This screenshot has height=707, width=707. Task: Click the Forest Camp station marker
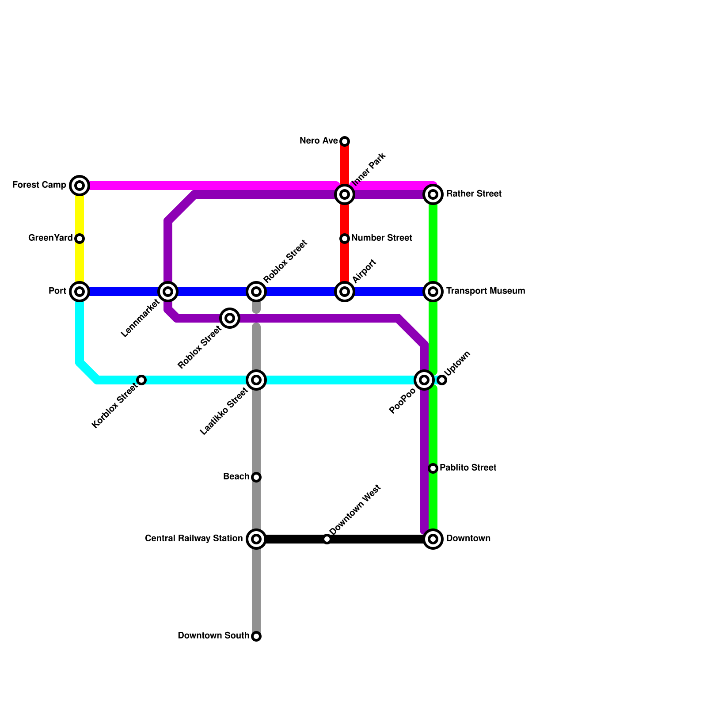coord(80,186)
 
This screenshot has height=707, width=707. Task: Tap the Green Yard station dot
coord(80,239)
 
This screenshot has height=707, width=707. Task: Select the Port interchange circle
coord(80,292)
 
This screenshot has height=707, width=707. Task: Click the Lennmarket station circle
coord(168,292)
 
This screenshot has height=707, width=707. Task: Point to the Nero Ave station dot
coord(345,141)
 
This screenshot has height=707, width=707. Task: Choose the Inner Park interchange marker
coord(345,194)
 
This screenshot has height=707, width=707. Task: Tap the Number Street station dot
coord(345,239)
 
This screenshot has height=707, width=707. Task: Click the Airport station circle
coord(345,292)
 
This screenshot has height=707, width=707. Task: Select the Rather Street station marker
coord(433,194)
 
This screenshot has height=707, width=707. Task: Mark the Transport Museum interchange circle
coord(433,292)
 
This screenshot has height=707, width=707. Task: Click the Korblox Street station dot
coord(141,380)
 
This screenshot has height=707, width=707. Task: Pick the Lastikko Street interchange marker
coord(256,380)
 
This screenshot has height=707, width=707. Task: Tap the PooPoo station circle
coord(424,380)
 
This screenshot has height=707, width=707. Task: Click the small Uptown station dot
coord(442,380)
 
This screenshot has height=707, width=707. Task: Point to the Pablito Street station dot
coord(433,468)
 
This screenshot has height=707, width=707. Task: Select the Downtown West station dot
coord(327,539)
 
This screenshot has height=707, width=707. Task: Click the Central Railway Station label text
coord(194,539)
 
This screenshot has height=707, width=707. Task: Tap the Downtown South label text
coord(213,636)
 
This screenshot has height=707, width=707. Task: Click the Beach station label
coord(236,477)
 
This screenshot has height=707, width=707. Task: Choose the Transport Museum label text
coord(485,291)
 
